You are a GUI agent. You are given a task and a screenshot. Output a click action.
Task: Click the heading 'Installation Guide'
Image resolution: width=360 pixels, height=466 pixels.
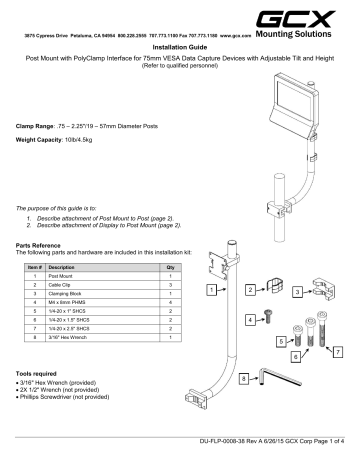pos(180,46)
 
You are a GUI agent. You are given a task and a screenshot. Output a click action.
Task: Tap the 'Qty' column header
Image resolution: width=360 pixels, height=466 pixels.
pos(169,268)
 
